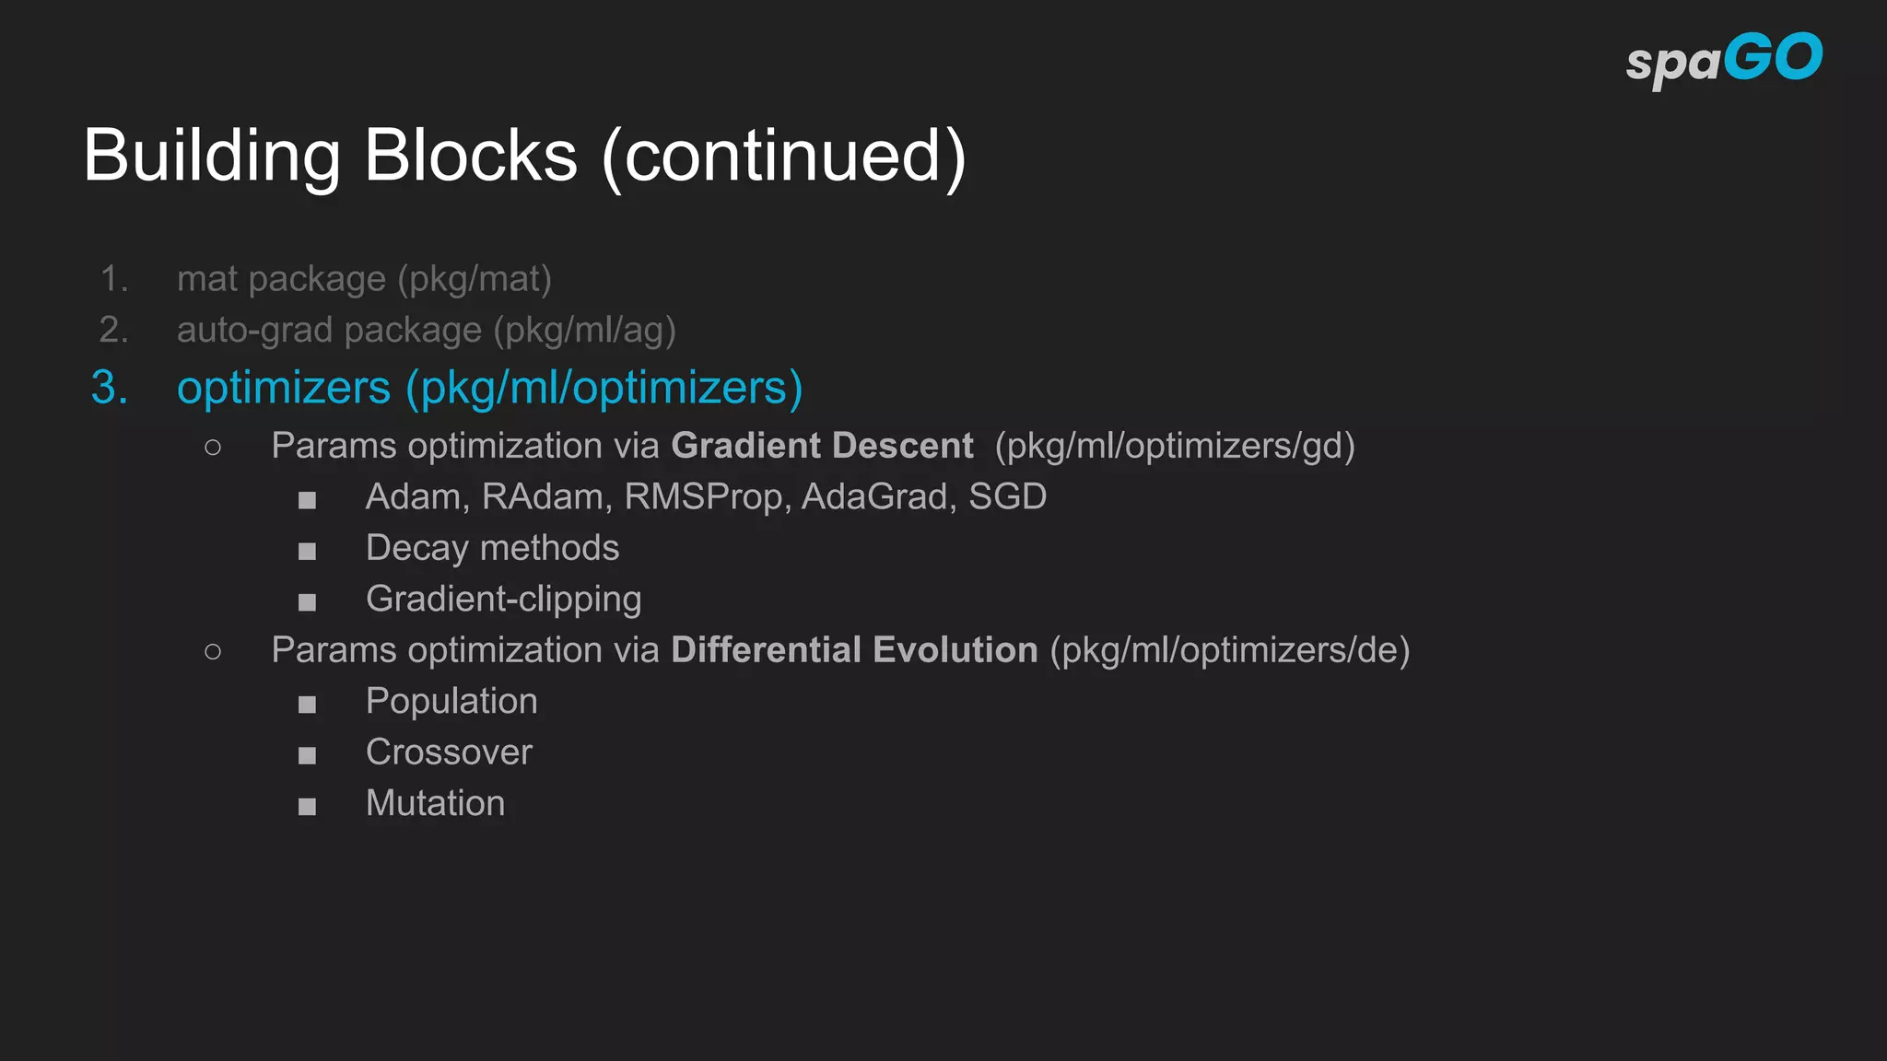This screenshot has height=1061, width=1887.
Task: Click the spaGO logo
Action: pyautogui.click(x=1723, y=60)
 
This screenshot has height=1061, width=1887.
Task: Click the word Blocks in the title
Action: pyautogui.click(x=471, y=156)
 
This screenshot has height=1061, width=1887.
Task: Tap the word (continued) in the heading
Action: pyautogui.click(x=784, y=157)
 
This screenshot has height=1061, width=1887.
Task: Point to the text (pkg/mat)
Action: pyautogui.click(x=475, y=279)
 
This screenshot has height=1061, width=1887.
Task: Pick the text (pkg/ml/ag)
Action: pyautogui.click(x=584, y=330)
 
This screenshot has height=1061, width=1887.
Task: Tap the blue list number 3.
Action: pyautogui.click(x=109, y=387)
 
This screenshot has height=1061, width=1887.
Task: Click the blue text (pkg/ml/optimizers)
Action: pyautogui.click(x=604, y=388)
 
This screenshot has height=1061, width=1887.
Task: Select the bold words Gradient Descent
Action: pyautogui.click(x=822, y=446)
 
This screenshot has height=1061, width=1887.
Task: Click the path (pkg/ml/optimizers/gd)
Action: pyautogui.click(x=1175, y=446)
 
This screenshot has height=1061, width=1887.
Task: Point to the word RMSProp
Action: pyautogui.click(x=704, y=497)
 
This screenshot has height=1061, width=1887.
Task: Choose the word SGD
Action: pyautogui.click(x=1007, y=497)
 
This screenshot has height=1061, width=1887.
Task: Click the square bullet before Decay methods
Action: pyautogui.click(x=307, y=552)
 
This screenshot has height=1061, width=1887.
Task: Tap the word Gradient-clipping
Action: pyautogui.click(x=503, y=600)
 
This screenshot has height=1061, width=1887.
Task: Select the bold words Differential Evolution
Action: pyautogui.click(x=854, y=650)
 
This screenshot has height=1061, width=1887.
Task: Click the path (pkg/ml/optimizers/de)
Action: pyautogui.click(x=1230, y=650)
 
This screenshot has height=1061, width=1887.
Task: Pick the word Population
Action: pyautogui.click(x=451, y=702)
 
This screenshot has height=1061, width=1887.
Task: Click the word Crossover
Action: pyautogui.click(x=449, y=752)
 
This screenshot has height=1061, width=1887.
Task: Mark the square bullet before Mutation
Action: pyautogui.click(x=307, y=807)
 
